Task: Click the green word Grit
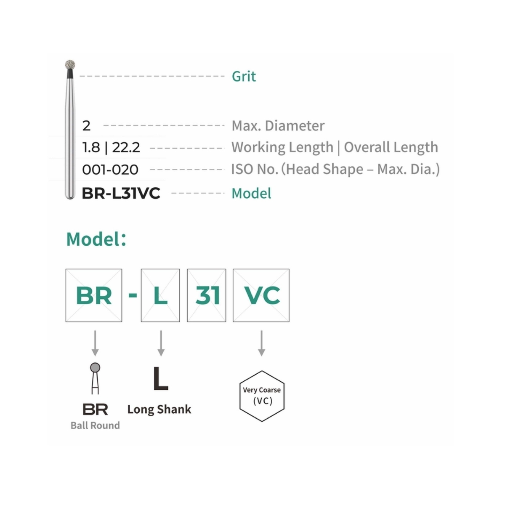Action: [x=244, y=77]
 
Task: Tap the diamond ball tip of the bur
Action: [x=70, y=65]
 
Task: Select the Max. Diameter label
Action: [x=278, y=126]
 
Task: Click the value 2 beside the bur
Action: [x=86, y=126]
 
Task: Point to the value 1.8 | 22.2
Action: [x=111, y=147]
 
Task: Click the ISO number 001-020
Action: [x=110, y=170]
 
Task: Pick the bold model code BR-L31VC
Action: [x=121, y=194]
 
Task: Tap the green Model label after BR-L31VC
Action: [x=251, y=194]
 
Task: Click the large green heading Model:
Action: [x=96, y=239]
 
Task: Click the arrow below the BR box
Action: [x=95, y=343]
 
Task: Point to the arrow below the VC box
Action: [x=261, y=343]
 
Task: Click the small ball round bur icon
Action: [x=95, y=378]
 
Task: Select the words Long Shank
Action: [x=159, y=409]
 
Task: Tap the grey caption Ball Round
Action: [x=95, y=425]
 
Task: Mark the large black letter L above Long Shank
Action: [x=160, y=378]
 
